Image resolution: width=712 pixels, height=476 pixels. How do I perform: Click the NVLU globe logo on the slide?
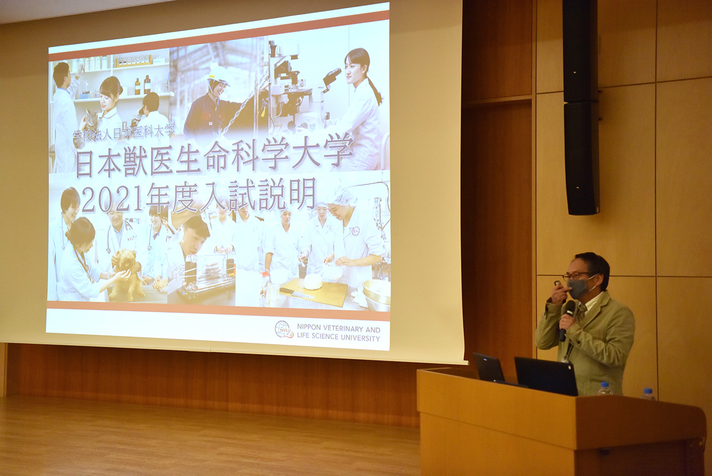[x=284, y=329]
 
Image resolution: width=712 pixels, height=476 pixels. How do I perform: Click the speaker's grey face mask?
[x=578, y=288]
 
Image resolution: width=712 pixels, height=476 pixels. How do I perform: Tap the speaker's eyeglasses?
[x=577, y=276]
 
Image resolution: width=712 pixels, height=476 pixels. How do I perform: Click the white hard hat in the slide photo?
[x=218, y=75]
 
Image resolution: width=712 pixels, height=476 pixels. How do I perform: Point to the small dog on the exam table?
[x=127, y=275]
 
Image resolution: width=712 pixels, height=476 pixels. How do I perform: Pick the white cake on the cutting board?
[x=313, y=281]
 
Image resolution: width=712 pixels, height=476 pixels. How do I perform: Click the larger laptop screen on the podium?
[x=546, y=376]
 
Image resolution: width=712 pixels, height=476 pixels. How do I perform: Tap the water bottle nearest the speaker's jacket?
[x=604, y=388]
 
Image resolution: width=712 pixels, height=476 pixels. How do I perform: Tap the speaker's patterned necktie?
[x=582, y=313]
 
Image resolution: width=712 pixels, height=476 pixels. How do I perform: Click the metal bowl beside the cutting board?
[x=376, y=294]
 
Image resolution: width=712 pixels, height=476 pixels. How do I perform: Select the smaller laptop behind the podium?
[x=489, y=368]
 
